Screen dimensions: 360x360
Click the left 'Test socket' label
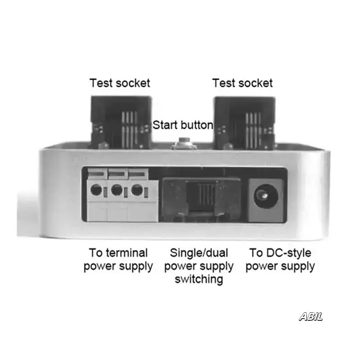click(119, 83)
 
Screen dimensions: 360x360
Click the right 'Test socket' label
click(243, 83)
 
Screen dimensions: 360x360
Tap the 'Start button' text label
click(183, 125)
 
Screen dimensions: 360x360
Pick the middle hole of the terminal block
click(116, 190)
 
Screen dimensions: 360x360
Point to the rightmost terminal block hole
click(136, 190)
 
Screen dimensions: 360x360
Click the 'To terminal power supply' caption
click(118, 259)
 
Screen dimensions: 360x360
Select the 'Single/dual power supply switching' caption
click(199, 266)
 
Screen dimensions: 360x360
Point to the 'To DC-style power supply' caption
click(280, 259)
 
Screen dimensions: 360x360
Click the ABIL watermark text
click(311, 317)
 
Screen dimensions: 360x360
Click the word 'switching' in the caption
click(199, 279)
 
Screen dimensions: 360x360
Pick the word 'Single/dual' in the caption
click(199, 252)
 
